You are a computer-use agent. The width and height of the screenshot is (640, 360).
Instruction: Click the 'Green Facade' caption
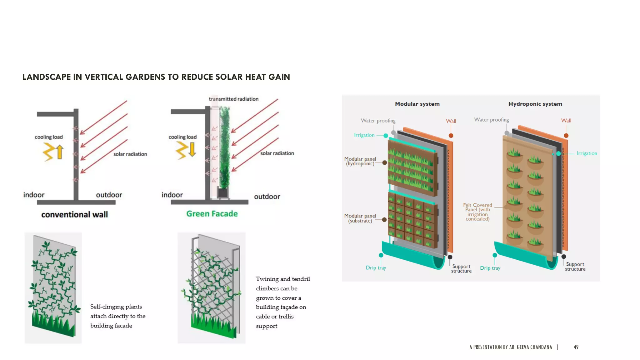pos(212,214)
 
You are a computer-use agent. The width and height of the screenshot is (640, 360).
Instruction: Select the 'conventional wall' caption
pos(74,215)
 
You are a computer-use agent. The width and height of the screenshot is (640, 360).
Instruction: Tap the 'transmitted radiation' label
pos(233,99)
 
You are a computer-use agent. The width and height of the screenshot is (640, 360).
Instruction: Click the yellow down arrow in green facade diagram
pos(192,149)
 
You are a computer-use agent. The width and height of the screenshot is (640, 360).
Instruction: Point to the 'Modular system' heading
pos(417,104)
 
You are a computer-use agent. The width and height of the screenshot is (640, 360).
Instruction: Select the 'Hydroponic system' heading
pos(535,104)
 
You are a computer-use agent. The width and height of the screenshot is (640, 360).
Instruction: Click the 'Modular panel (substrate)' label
pos(360,218)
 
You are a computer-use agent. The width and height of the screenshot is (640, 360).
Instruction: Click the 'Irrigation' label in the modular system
pos(364,135)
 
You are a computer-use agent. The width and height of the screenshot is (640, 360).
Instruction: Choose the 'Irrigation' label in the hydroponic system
pos(587,153)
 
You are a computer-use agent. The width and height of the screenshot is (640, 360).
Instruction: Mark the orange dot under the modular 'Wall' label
pos(451,136)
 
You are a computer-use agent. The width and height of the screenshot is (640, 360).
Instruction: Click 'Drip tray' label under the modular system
pos(376,268)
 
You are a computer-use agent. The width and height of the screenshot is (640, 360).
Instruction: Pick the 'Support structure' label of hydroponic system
pos(575,267)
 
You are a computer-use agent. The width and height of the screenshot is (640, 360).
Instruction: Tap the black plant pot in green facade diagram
pos(223,192)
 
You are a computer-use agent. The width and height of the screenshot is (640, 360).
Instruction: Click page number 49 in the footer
pos(576,347)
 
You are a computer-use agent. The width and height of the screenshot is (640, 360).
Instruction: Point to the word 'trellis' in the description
pos(286,317)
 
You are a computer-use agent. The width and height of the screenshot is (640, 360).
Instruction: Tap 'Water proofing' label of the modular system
pos(378,121)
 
